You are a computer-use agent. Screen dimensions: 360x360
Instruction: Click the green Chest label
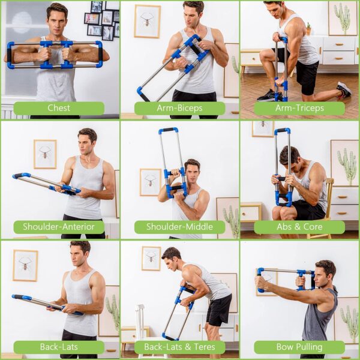coord(59,108)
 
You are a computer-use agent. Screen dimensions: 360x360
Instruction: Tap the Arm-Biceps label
coord(179,108)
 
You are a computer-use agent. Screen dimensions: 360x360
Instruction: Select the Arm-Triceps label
coord(299,108)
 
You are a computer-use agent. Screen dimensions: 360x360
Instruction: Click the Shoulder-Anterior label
coord(59,227)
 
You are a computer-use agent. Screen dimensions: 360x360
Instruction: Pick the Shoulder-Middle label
coord(179,227)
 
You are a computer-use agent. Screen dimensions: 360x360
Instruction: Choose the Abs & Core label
coord(299,227)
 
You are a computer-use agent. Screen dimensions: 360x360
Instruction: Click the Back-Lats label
coord(59,347)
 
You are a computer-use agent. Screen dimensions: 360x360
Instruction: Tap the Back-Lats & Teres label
coord(179,347)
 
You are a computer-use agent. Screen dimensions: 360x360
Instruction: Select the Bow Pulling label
coord(299,347)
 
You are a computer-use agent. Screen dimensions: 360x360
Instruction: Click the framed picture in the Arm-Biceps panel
coord(147,21)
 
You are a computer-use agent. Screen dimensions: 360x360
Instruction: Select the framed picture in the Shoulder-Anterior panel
coord(45,154)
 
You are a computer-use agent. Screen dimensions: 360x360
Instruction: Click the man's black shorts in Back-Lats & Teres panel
coord(219,310)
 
